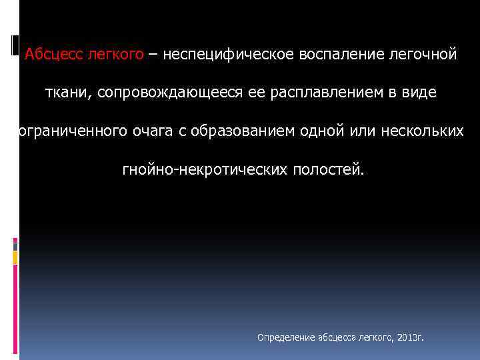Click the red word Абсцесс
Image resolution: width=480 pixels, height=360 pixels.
point(54,55)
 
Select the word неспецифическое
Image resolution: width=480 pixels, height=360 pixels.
point(223,55)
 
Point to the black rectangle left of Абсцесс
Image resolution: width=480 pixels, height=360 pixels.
point(16,46)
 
